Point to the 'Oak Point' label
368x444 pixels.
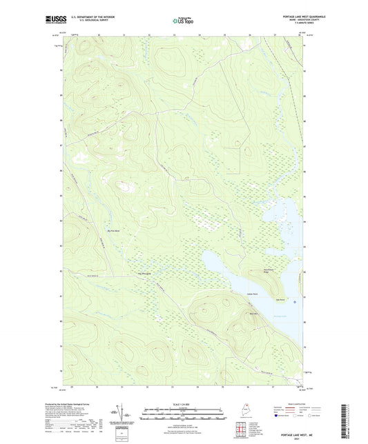[280, 299]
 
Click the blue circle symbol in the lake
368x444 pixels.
[296, 301]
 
